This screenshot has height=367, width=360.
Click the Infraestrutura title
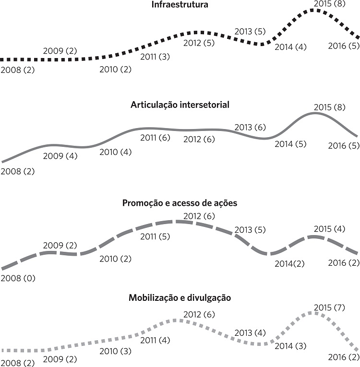(x=180, y=6)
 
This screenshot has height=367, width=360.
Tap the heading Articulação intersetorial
(x=180, y=105)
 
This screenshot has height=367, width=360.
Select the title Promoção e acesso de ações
(x=180, y=203)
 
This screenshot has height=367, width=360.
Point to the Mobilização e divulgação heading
(x=180, y=298)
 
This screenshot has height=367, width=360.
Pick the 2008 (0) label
(x=18, y=278)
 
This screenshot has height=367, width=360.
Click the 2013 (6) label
(x=250, y=128)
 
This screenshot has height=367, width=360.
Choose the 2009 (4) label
(x=60, y=156)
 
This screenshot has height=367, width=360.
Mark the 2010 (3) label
(x=115, y=351)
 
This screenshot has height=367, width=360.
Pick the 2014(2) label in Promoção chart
(x=290, y=263)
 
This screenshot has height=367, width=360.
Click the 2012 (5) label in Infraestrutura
(x=199, y=43)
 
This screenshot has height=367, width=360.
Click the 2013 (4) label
(x=250, y=332)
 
